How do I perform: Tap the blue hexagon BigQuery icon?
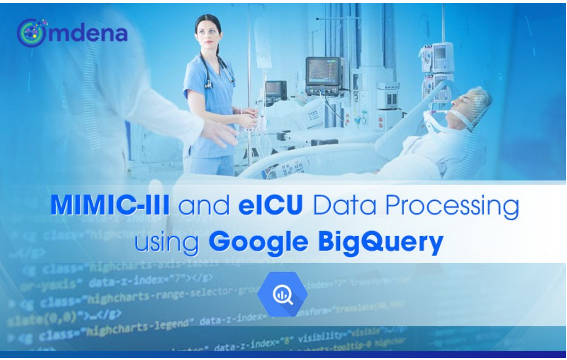click(282, 294)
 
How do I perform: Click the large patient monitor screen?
click(323, 70)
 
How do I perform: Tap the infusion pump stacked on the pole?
click(438, 57)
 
